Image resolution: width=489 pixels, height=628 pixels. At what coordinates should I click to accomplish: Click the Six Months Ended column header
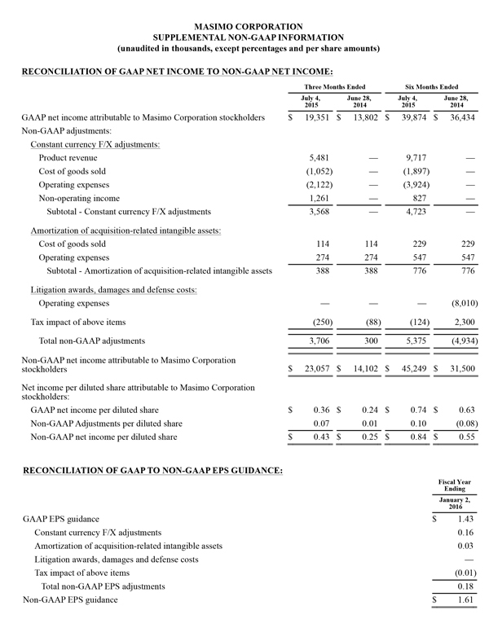click(x=430, y=86)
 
